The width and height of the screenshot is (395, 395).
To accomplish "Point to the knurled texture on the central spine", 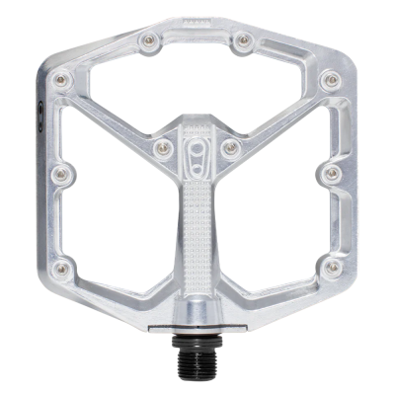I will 197,237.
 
